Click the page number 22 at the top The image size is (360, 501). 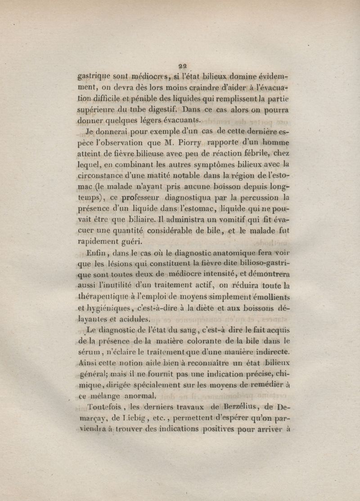tap(183, 64)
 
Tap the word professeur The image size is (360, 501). tap(138, 197)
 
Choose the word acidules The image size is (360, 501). tap(134, 319)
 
